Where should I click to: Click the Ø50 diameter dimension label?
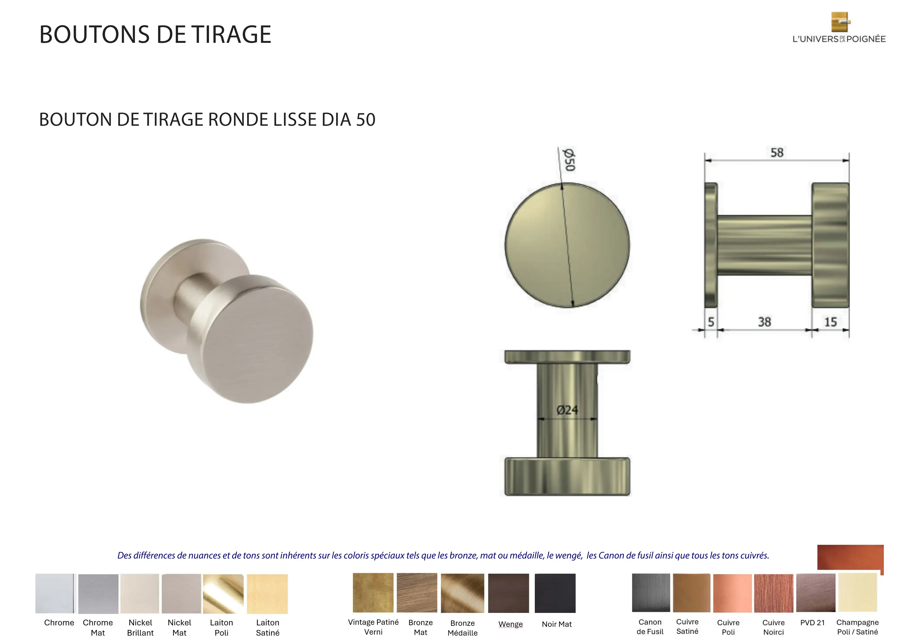point(569,160)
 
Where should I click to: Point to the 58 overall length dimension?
point(777,153)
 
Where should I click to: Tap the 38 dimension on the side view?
point(764,322)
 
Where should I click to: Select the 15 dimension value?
point(830,322)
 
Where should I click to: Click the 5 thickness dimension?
point(711,322)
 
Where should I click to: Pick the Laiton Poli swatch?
point(223,594)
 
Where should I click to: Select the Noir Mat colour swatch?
point(555,593)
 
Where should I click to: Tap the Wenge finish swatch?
point(508,593)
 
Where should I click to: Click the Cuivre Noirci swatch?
point(773,593)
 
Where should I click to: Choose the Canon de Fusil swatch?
point(651,593)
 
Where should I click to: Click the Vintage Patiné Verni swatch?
point(373,593)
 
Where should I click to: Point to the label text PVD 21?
point(812,623)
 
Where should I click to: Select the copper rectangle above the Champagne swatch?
point(850,557)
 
